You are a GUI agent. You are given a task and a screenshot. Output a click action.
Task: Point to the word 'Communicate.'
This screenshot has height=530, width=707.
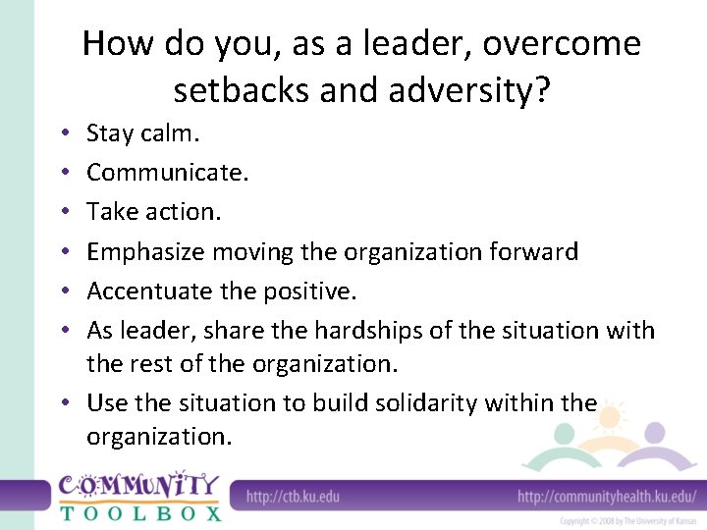pos(168,173)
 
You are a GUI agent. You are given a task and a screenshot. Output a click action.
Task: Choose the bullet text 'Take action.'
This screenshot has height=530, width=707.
pos(152,212)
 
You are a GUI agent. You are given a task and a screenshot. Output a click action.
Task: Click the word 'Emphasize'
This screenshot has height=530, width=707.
pos(142,252)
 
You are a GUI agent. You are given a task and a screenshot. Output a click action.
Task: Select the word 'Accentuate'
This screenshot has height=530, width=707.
pos(147,291)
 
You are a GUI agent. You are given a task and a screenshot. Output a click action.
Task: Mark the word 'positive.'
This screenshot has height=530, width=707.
pos(314,291)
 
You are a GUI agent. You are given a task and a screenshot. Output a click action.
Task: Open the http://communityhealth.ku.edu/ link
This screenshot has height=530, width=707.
pos(607,497)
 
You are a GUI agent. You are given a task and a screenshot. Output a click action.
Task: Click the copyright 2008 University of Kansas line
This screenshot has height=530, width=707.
pos(628,520)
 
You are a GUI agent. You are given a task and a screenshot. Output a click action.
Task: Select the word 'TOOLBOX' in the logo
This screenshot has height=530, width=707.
pos(140,511)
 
